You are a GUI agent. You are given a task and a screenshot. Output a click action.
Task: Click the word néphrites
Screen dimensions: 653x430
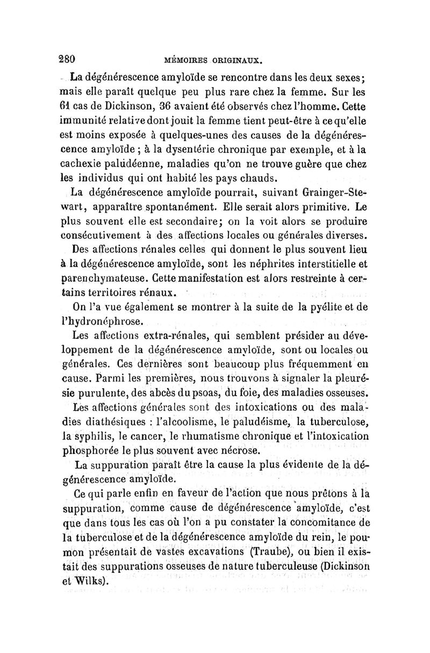pyautogui.click(x=283, y=264)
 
